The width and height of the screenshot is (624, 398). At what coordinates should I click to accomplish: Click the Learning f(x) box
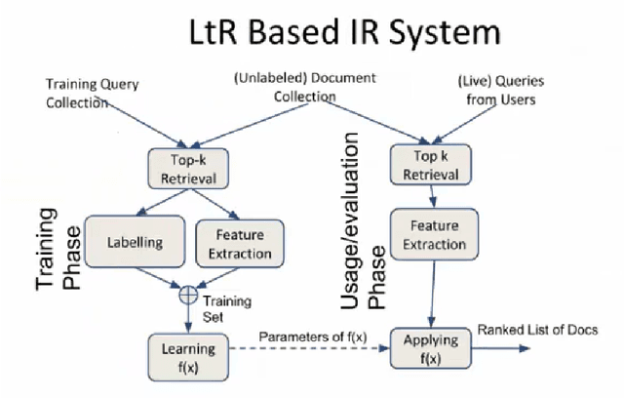pos(184,355)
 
